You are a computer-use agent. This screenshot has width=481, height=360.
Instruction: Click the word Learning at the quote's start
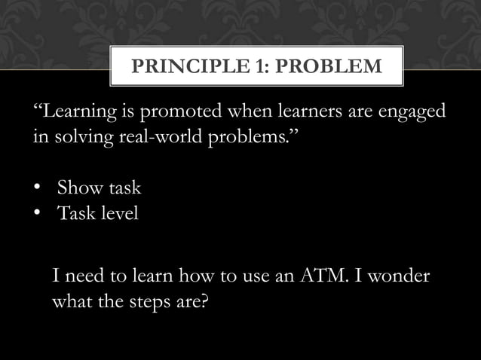(74, 113)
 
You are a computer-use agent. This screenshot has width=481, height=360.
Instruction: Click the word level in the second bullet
(118, 214)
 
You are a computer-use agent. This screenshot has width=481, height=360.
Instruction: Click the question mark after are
(204, 303)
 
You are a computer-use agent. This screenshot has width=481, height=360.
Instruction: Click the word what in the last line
(70, 303)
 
